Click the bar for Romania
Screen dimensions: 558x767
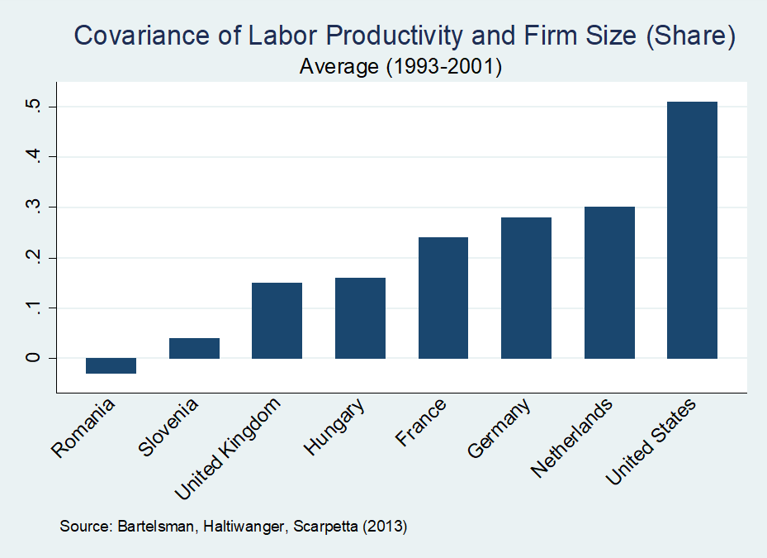click(x=111, y=366)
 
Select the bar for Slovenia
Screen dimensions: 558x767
click(x=194, y=348)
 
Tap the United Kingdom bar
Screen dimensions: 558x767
click(x=277, y=321)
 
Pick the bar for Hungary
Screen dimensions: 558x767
click(x=360, y=318)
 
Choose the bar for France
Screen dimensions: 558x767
click(x=443, y=298)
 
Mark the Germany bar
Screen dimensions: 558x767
click(x=526, y=288)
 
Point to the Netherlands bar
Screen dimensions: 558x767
click(x=609, y=283)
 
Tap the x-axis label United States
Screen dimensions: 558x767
click(x=652, y=442)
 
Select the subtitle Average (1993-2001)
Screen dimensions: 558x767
click(x=401, y=67)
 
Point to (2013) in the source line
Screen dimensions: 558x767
click(x=387, y=526)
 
